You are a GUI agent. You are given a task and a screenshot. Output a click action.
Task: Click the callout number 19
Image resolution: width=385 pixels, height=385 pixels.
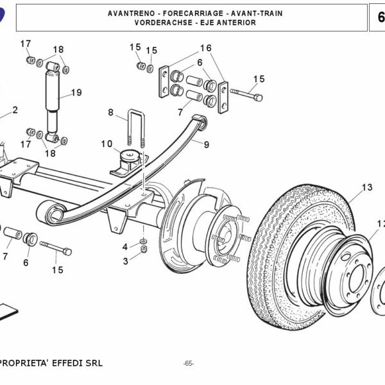pos(76,92)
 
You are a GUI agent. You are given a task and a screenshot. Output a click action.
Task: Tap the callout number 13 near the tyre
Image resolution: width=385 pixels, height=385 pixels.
pos(366,187)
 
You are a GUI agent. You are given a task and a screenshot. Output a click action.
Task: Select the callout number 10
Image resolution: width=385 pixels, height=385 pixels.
pos(106,144)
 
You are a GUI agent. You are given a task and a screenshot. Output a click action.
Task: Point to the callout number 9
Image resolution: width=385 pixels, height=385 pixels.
pos(207,145)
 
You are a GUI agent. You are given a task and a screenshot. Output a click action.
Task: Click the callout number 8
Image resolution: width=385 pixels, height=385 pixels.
pos(110,113)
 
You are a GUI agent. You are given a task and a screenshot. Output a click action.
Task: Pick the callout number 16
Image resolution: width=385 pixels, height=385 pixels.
pos(205,48)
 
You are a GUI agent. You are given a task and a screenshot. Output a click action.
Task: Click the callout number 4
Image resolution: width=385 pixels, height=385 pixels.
pos(125,247)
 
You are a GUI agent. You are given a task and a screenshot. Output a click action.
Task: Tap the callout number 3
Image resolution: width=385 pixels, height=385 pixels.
pos(125,261)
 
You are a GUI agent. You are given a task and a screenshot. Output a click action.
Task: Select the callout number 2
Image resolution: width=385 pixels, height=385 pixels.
pos(15,110)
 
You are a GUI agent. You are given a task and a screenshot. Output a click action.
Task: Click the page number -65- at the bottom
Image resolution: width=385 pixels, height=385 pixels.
pos(188,364)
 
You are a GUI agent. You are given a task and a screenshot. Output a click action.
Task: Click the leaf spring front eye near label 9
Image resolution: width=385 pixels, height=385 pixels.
pos(200,121)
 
